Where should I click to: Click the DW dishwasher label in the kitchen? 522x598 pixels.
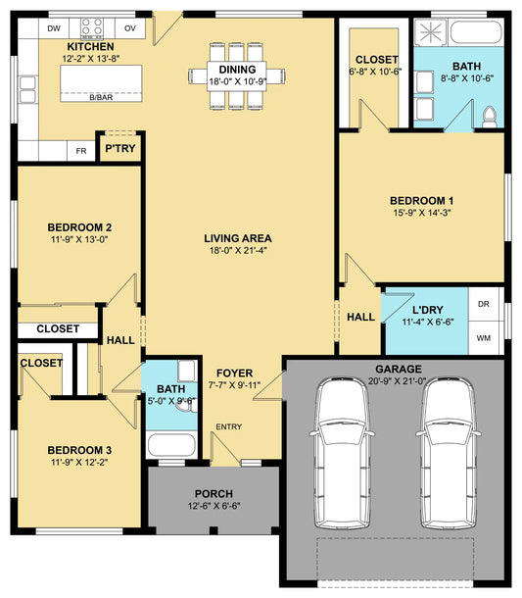pyautogui.click(x=54, y=28)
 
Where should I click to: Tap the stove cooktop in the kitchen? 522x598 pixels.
pyautogui.click(x=92, y=28)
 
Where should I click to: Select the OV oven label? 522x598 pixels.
pyautogui.click(x=130, y=28)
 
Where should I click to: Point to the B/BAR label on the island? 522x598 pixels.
pyautogui.click(x=101, y=97)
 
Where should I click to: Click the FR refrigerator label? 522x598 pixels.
pyautogui.click(x=80, y=151)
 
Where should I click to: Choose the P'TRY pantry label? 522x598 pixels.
pyautogui.click(x=120, y=148)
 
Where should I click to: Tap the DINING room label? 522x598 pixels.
pyautogui.click(x=237, y=70)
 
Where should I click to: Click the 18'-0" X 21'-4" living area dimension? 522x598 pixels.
pyautogui.click(x=238, y=251)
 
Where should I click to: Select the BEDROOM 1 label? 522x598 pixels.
pyautogui.click(x=421, y=201)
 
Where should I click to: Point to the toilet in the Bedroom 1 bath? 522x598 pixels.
pyautogui.click(x=490, y=117)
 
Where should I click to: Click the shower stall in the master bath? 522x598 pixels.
pyautogui.click(x=431, y=31)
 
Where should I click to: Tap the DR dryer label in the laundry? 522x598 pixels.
pyautogui.click(x=484, y=304)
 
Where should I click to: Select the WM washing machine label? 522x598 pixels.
pyautogui.click(x=484, y=338)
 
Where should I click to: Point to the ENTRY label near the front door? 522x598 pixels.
pyautogui.click(x=228, y=426)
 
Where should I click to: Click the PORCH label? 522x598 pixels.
pyautogui.click(x=214, y=493)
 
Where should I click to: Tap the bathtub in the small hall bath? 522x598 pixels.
pyautogui.click(x=171, y=445)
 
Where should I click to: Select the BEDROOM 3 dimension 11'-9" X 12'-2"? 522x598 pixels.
pyautogui.click(x=79, y=463)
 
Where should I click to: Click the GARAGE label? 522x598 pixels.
pyautogui.click(x=399, y=369)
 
